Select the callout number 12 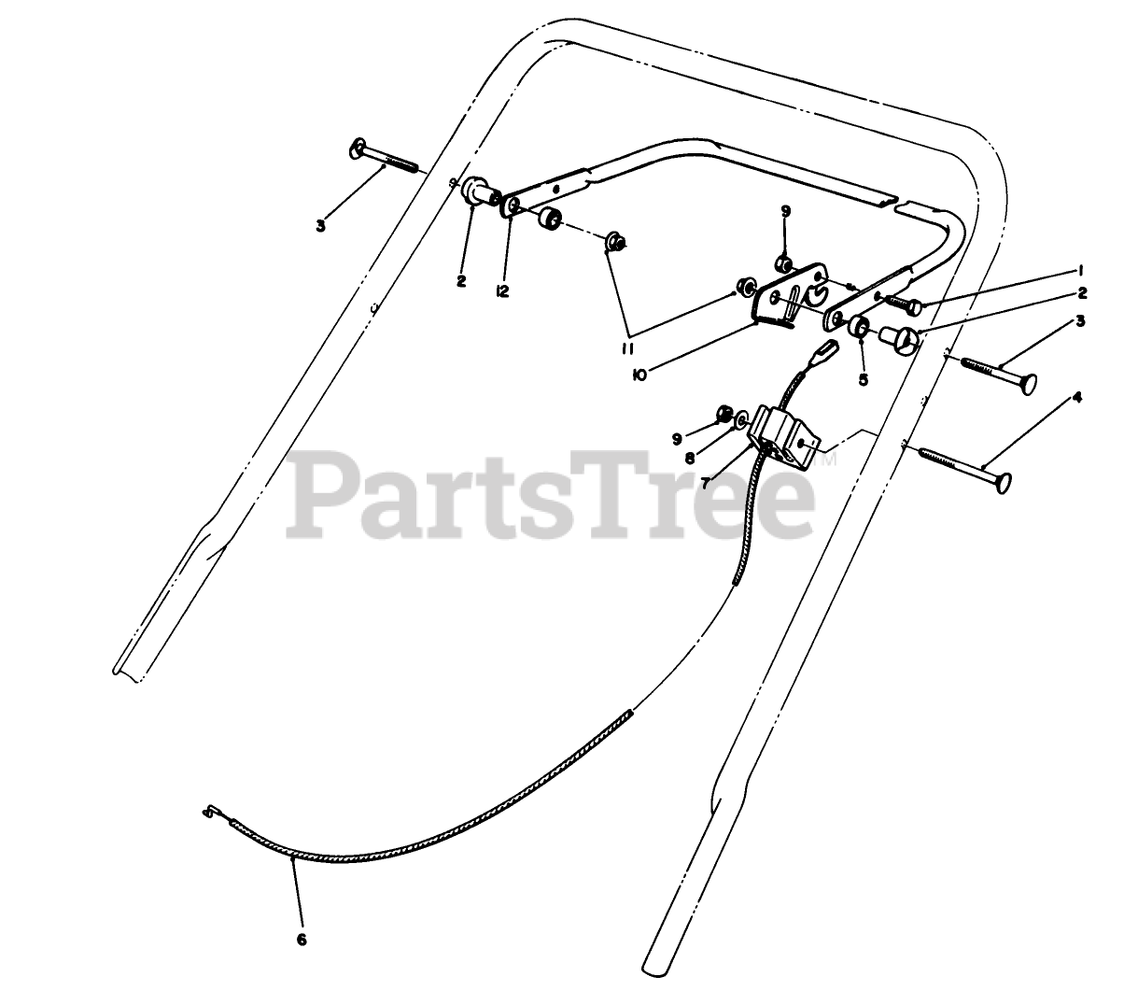502,291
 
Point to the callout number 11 627,349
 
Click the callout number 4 1077,396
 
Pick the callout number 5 862,380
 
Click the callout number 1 1079,270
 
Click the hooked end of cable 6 210,813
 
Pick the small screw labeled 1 902,304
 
